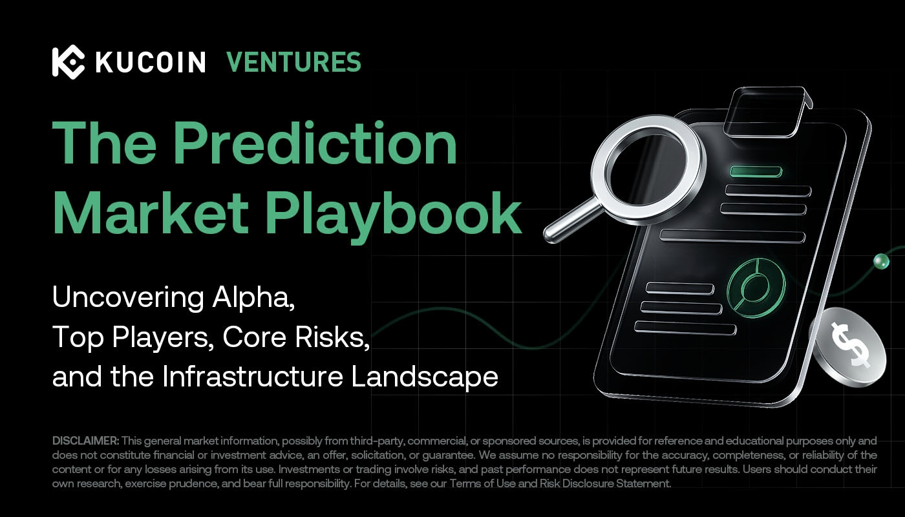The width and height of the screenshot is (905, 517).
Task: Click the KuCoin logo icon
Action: (68, 62)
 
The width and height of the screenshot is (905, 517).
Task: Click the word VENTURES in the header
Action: (293, 62)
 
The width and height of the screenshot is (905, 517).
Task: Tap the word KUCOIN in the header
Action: (150, 63)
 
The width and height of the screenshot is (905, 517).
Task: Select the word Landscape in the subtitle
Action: (425, 377)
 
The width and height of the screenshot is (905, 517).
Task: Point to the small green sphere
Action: (880, 261)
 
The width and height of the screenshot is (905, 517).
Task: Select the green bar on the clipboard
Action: (756, 171)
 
